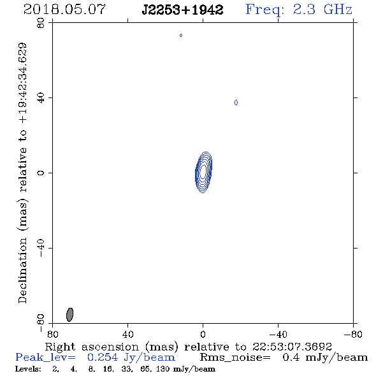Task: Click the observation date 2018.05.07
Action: point(64,10)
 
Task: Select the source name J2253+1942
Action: point(182,10)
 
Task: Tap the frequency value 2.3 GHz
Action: point(322,10)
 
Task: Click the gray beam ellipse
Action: point(69,315)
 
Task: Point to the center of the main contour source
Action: point(203,172)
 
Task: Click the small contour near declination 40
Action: point(236,103)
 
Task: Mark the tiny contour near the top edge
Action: point(181,36)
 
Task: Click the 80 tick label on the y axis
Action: point(41,23)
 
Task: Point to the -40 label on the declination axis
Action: point(41,248)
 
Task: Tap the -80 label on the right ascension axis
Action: point(353,335)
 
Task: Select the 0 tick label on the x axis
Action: point(203,335)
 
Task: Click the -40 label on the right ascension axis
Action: point(278,335)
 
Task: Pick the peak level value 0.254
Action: point(103,358)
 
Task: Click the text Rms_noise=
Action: point(235,358)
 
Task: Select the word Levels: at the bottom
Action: point(28,369)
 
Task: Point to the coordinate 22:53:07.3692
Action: point(292,347)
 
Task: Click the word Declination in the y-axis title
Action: point(22,270)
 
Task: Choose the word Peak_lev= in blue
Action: point(45,358)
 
